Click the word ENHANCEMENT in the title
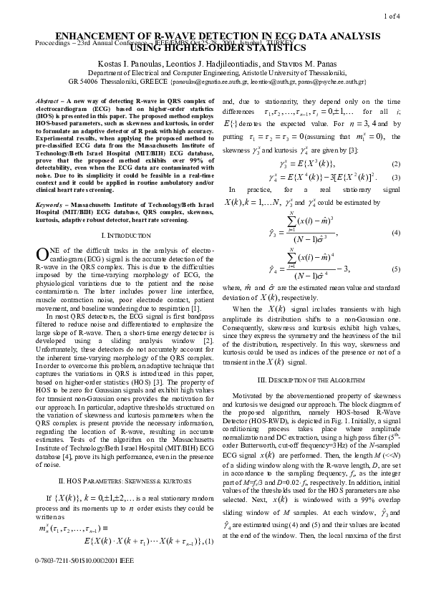(x=92, y=35)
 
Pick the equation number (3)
(x=396, y=176)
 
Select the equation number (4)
(x=396, y=234)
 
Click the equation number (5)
(x=396, y=269)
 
